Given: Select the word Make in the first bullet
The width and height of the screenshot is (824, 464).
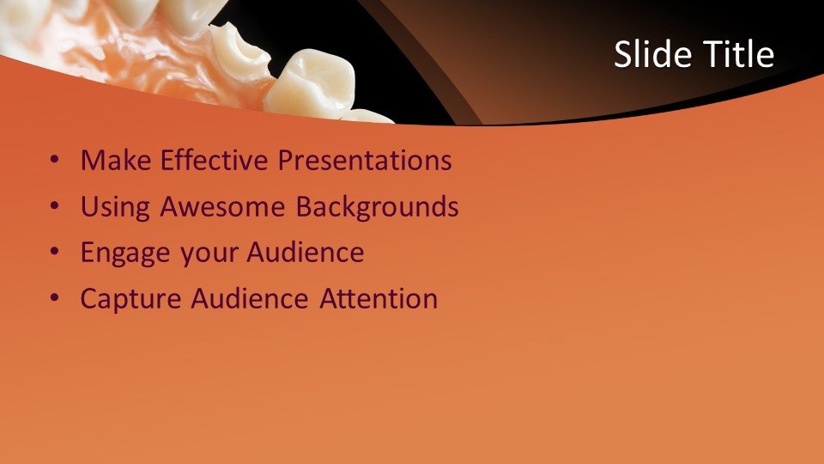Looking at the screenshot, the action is tap(116, 160).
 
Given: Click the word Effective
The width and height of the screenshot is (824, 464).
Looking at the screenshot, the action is tap(214, 160).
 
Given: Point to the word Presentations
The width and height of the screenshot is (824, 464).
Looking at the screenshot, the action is tap(365, 160).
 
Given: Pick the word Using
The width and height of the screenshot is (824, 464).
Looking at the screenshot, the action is tap(115, 207).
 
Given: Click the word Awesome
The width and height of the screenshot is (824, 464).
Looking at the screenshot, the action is tap(222, 206).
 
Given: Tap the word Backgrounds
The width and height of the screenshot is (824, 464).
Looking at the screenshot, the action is tap(377, 207).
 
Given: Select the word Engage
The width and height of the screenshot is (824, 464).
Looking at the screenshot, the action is tap(125, 253).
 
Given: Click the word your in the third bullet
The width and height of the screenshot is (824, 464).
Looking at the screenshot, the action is tap(209, 254).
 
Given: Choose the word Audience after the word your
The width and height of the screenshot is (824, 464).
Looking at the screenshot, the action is tap(306, 252).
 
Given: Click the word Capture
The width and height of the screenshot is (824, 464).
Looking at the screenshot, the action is tap(130, 299).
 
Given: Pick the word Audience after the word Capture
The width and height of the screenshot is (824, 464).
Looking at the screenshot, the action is tap(250, 298).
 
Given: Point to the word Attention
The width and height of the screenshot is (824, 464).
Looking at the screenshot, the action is tap(379, 298).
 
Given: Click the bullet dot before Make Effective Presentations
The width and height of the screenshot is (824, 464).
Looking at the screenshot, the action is tap(55, 159).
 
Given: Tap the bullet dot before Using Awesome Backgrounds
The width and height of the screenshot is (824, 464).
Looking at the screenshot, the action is tap(55, 205).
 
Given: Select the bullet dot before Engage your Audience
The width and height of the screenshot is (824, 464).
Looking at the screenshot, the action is tap(55, 252).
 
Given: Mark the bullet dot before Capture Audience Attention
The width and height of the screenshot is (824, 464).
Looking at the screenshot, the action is tap(55, 298).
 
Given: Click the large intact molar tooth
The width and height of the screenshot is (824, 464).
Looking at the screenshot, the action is tap(310, 84).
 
